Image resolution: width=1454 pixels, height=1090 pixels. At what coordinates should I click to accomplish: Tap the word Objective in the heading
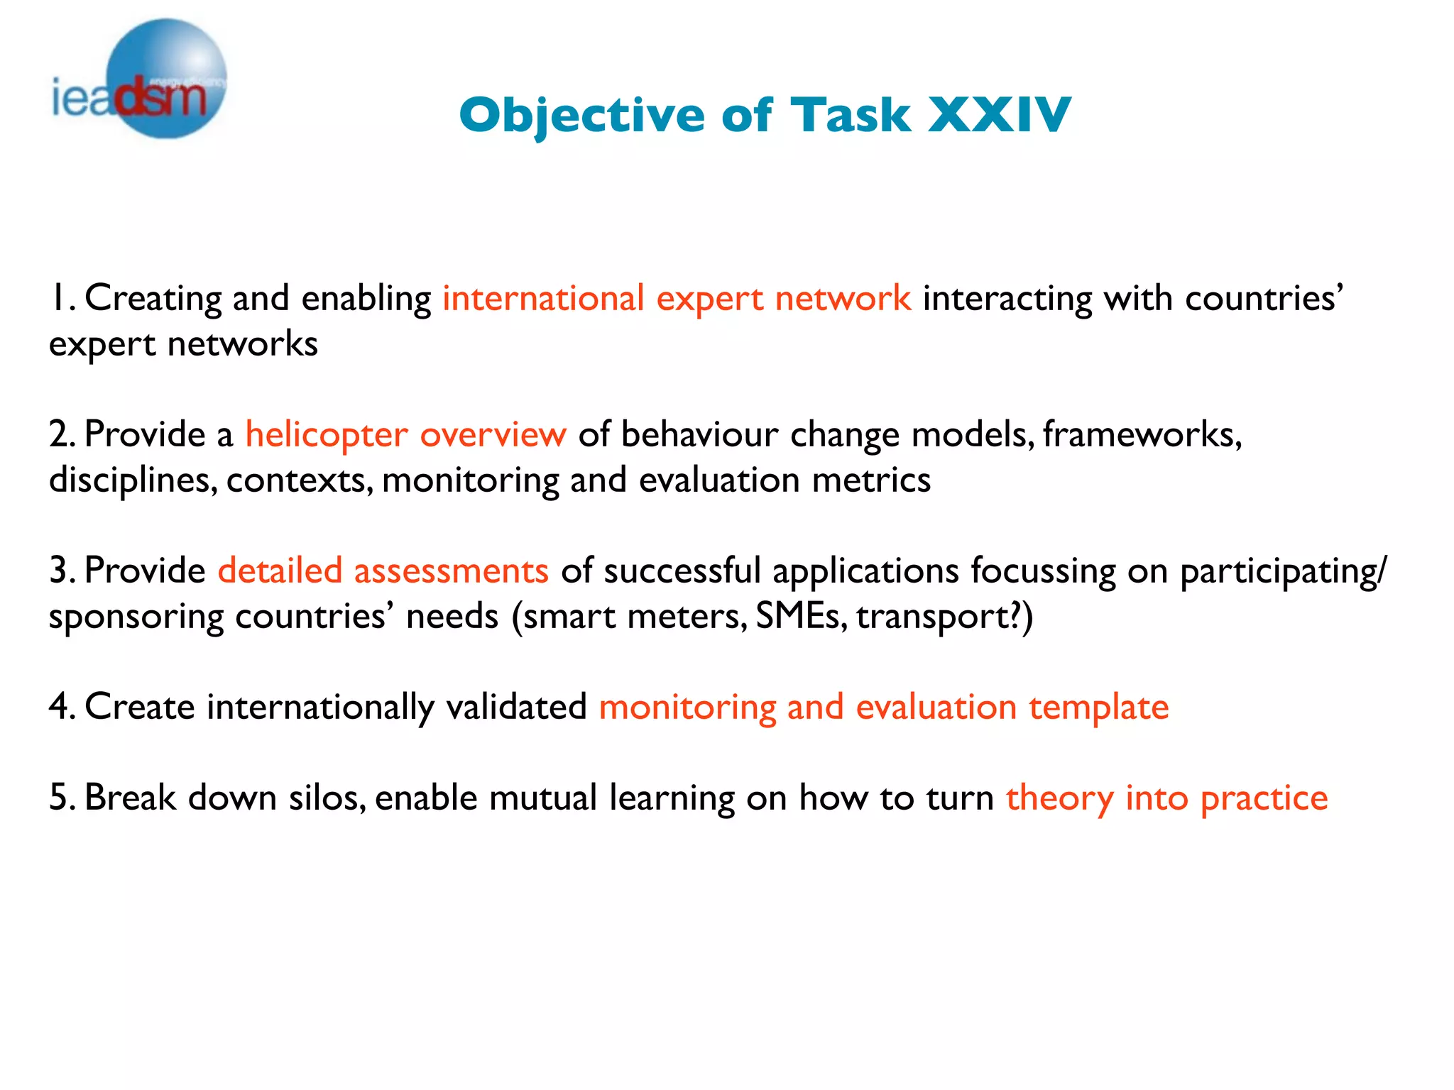(x=581, y=115)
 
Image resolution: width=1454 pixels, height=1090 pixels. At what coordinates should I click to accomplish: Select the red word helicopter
(x=327, y=434)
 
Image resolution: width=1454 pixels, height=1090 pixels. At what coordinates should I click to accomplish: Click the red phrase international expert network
(x=677, y=298)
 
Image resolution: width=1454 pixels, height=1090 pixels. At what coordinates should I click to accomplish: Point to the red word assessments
(x=452, y=571)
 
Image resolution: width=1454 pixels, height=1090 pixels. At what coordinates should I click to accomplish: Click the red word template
(x=1098, y=708)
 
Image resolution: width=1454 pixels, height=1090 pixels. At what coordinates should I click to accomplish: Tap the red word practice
(x=1264, y=798)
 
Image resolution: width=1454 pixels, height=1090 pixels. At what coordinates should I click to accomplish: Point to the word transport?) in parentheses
(x=944, y=616)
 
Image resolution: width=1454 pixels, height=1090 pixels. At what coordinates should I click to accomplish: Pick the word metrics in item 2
(x=871, y=480)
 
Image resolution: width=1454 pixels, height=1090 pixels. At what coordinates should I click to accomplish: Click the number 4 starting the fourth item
(x=60, y=707)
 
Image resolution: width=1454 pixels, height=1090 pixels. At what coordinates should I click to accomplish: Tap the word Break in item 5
(x=130, y=798)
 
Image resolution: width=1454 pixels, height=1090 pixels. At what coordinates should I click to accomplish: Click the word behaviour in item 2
(x=699, y=434)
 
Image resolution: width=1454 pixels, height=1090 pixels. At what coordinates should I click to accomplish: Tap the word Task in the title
(x=851, y=115)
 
